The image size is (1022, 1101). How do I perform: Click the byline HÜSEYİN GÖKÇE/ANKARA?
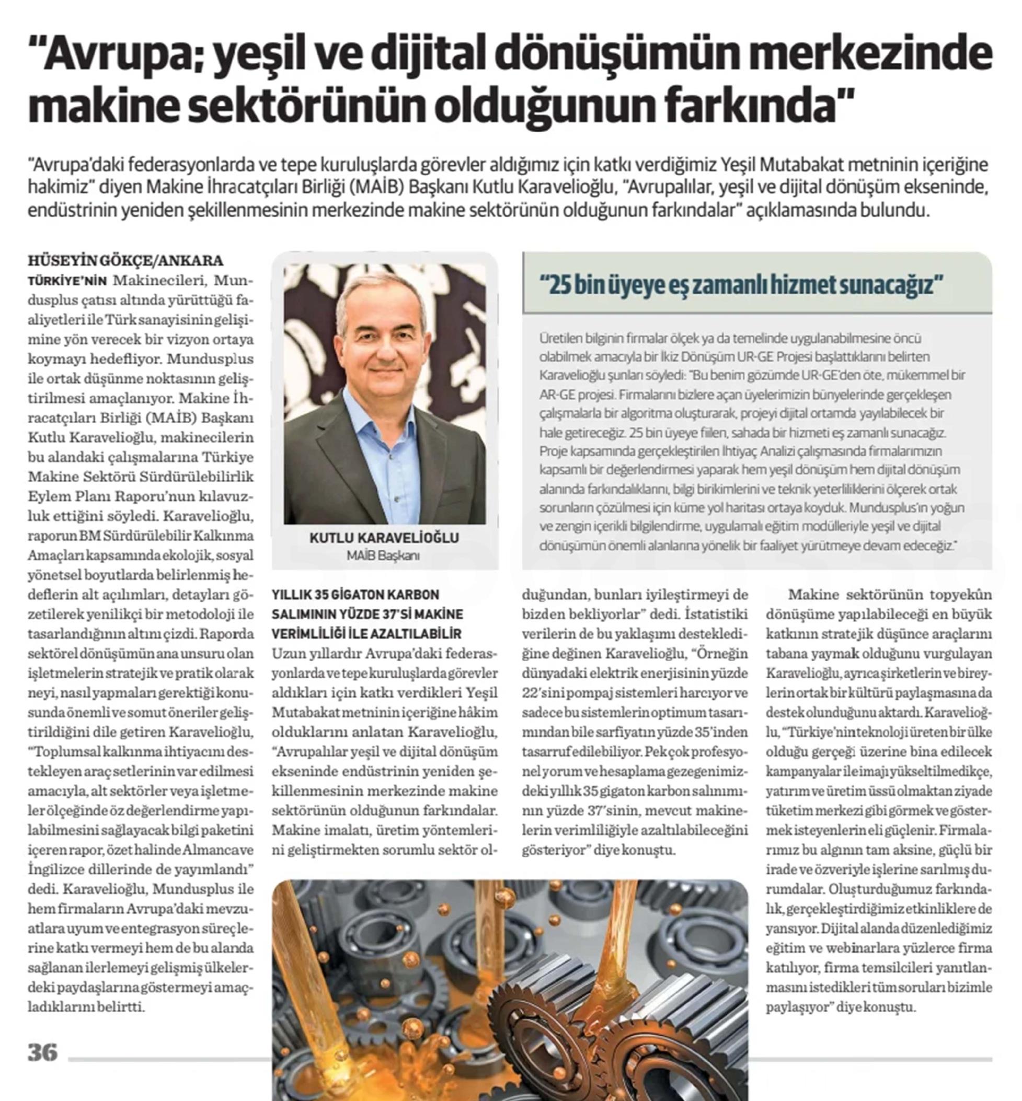point(125,260)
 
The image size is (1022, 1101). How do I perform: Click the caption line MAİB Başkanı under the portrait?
point(383,555)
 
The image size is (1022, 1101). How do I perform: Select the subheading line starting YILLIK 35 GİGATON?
point(355,595)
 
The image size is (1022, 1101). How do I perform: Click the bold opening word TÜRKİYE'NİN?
point(67,281)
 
